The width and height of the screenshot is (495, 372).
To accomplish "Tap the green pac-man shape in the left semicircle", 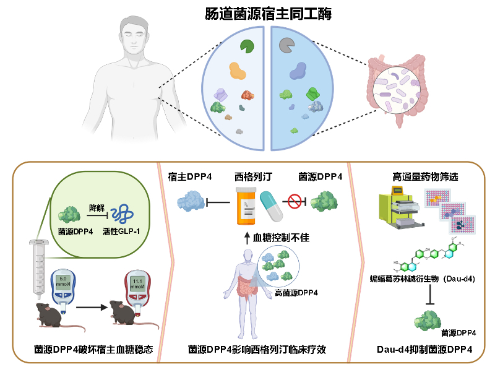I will point(248,46).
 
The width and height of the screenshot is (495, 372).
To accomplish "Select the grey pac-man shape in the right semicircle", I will point(286,45).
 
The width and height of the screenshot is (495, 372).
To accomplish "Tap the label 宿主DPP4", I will point(190,177).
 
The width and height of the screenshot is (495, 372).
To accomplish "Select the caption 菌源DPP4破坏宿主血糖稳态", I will point(93,350).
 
